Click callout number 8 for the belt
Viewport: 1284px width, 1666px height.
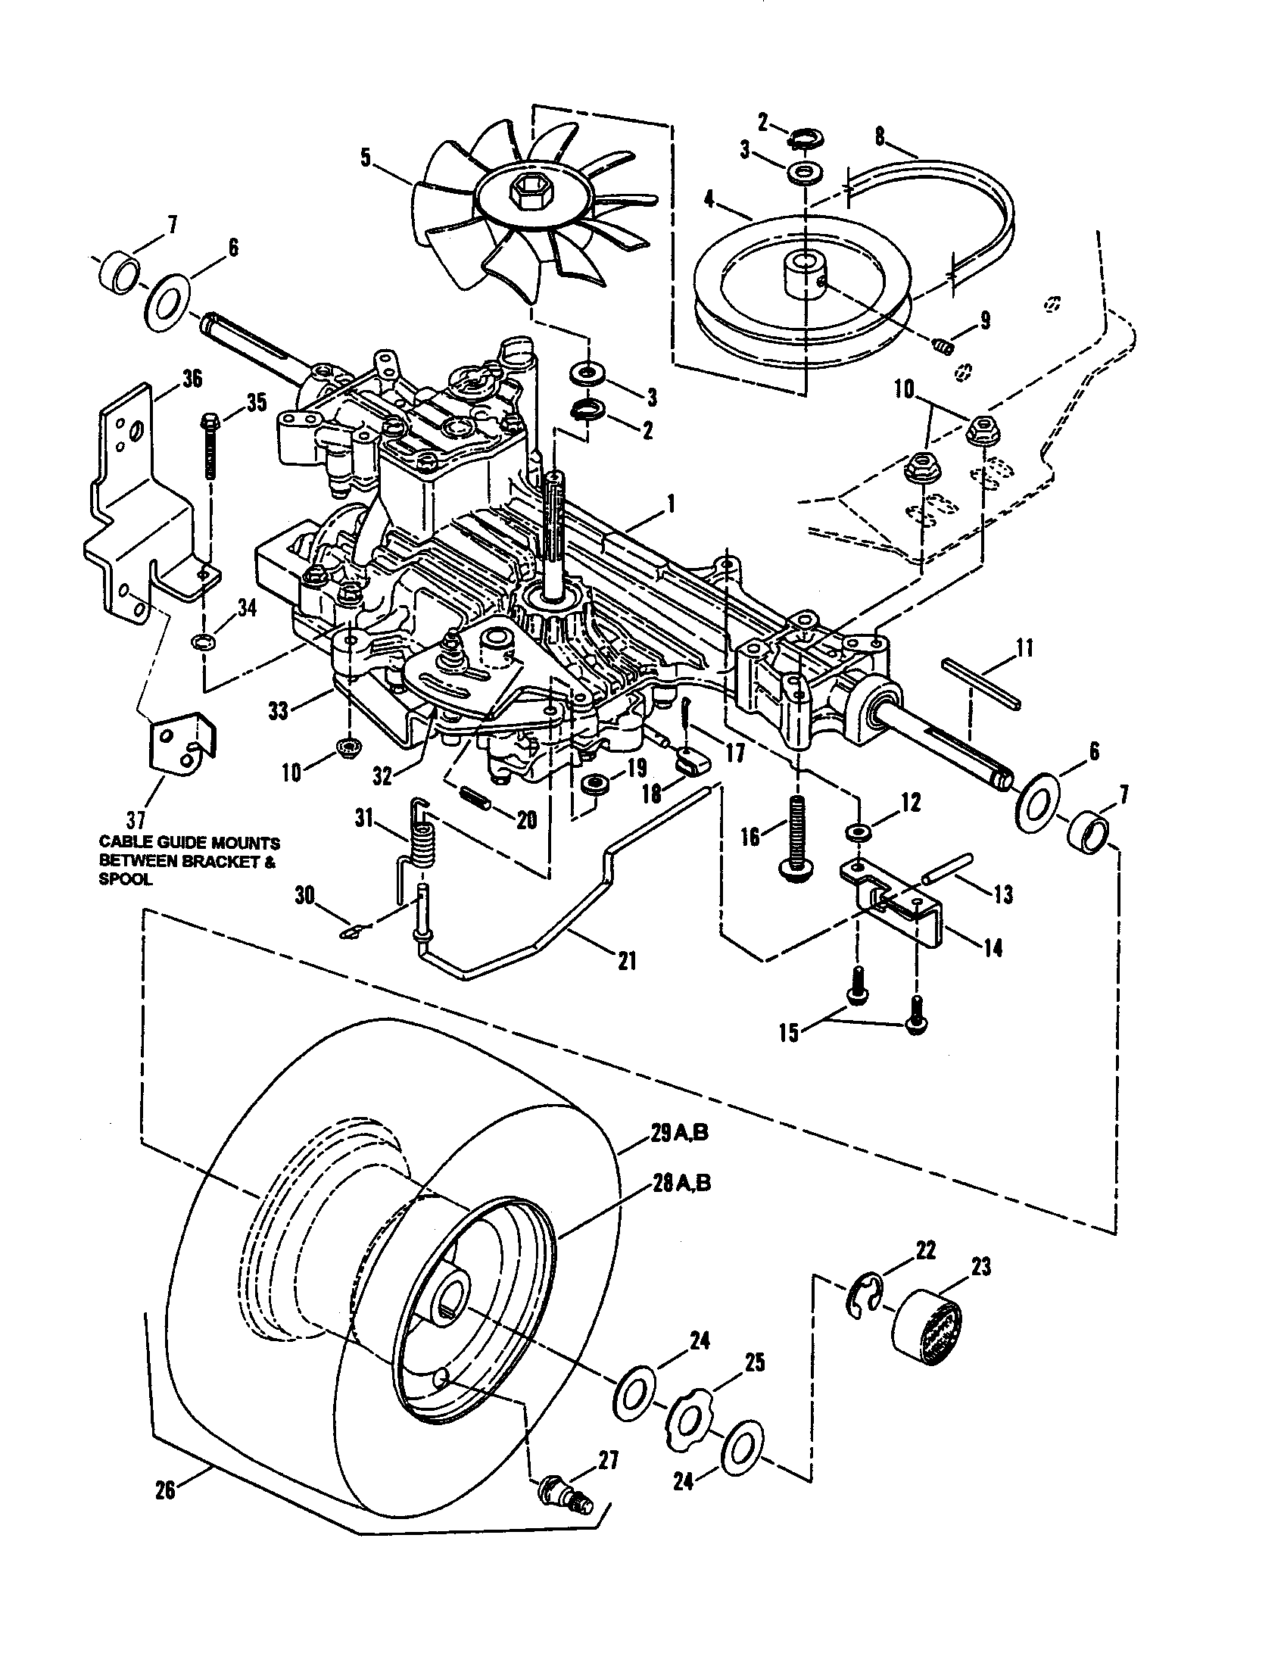point(880,136)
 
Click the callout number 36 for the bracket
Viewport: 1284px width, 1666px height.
point(192,378)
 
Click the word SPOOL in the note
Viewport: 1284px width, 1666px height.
point(126,878)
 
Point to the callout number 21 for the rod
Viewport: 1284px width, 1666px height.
point(627,960)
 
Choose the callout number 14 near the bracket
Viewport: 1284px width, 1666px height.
point(993,948)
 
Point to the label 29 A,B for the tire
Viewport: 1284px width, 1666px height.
point(679,1154)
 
